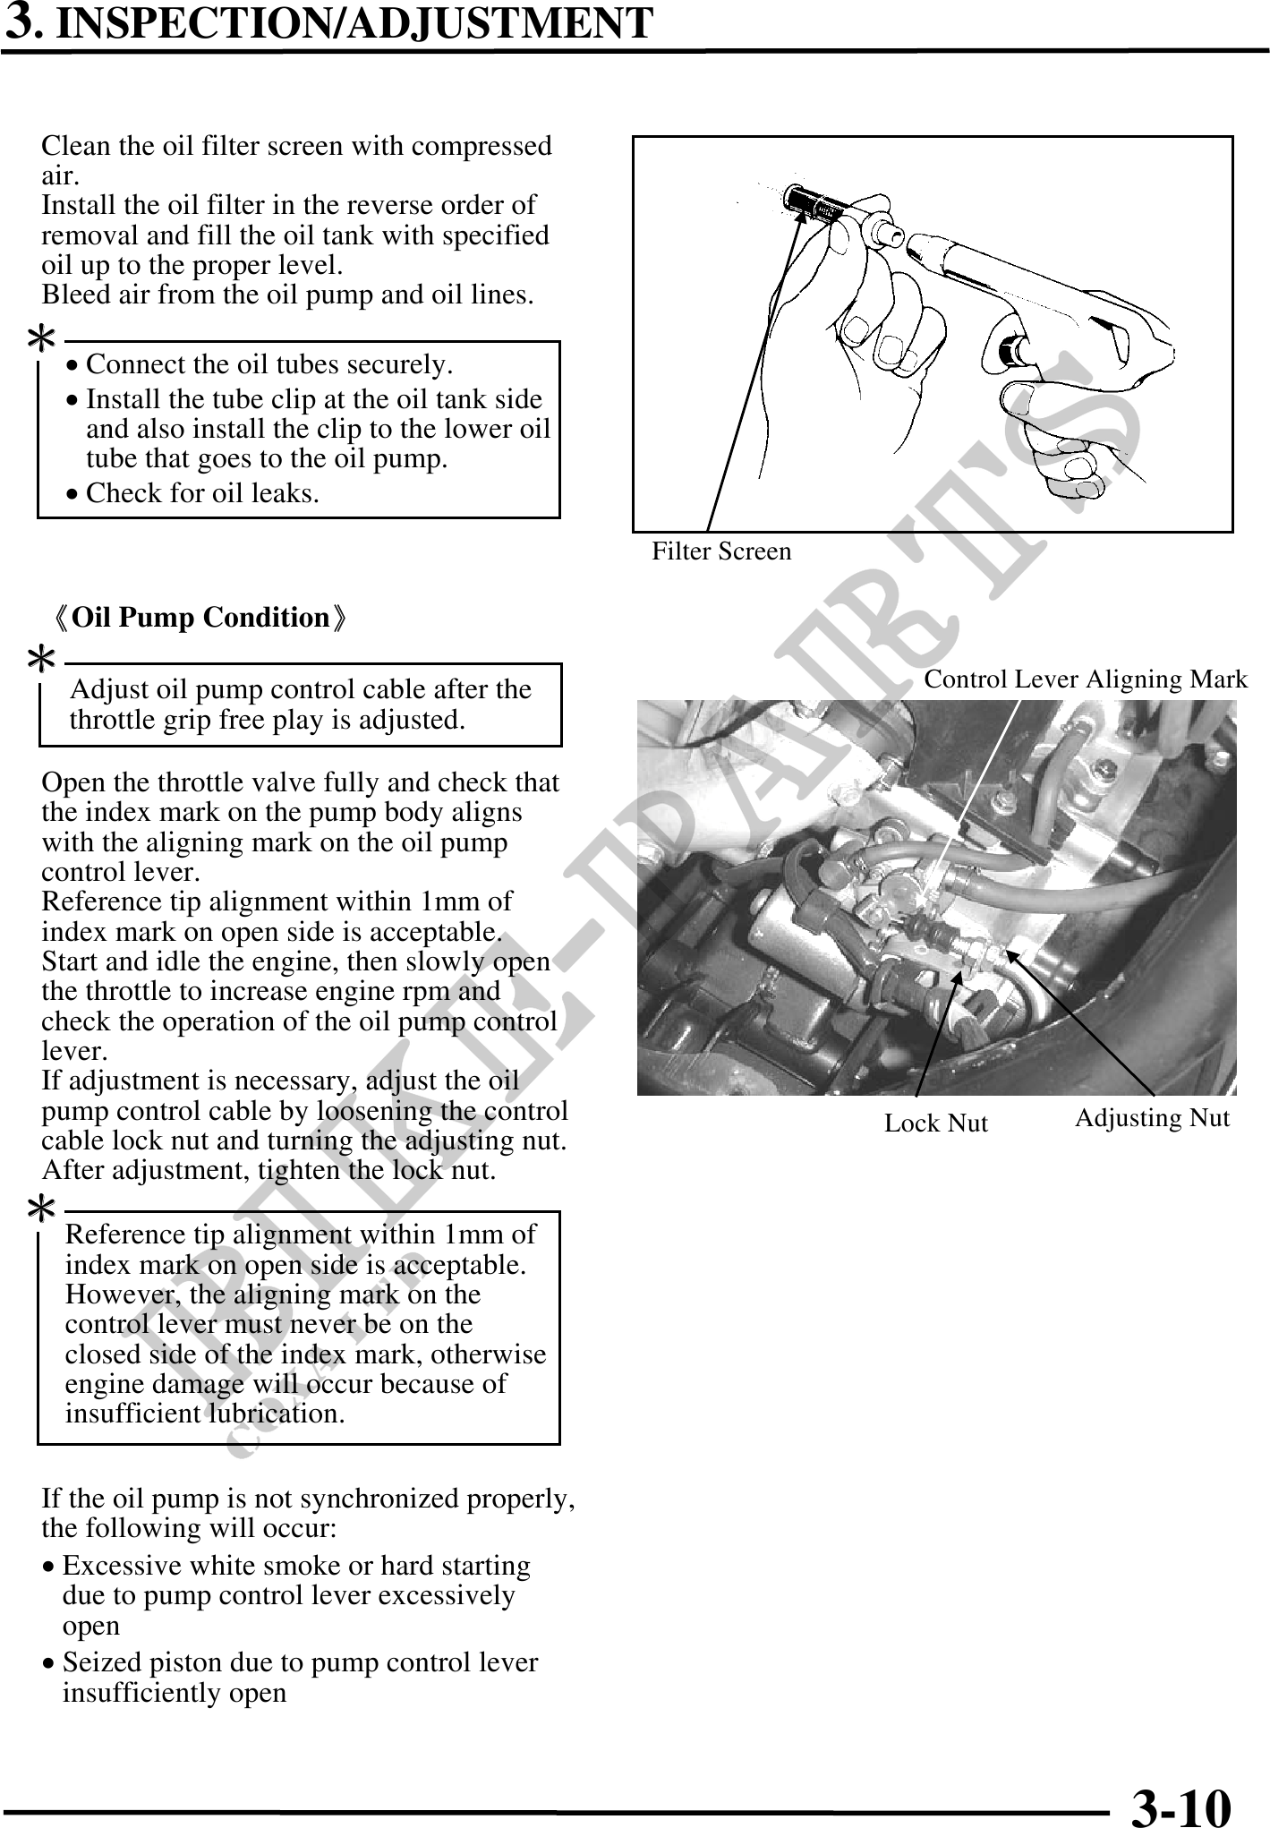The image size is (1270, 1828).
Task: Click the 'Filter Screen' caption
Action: coord(721,551)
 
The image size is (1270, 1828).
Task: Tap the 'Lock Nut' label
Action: coord(935,1123)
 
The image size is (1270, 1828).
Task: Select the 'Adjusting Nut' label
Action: coord(1152,1118)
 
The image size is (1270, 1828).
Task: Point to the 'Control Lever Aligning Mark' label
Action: coord(1085,679)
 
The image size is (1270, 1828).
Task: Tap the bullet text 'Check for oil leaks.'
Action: coord(202,493)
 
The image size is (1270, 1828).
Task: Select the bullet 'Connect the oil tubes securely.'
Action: coord(269,365)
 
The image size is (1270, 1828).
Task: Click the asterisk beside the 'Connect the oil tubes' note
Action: coord(41,338)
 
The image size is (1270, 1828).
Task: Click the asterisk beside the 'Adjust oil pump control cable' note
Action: coord(41,661)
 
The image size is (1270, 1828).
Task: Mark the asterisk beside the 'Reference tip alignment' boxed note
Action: coord(41,1209)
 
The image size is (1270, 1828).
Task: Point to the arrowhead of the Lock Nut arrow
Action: coord(959,974)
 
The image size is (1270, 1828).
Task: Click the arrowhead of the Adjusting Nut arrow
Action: coord(1010,953)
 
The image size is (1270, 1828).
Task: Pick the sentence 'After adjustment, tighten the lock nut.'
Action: coord(268,1171)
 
